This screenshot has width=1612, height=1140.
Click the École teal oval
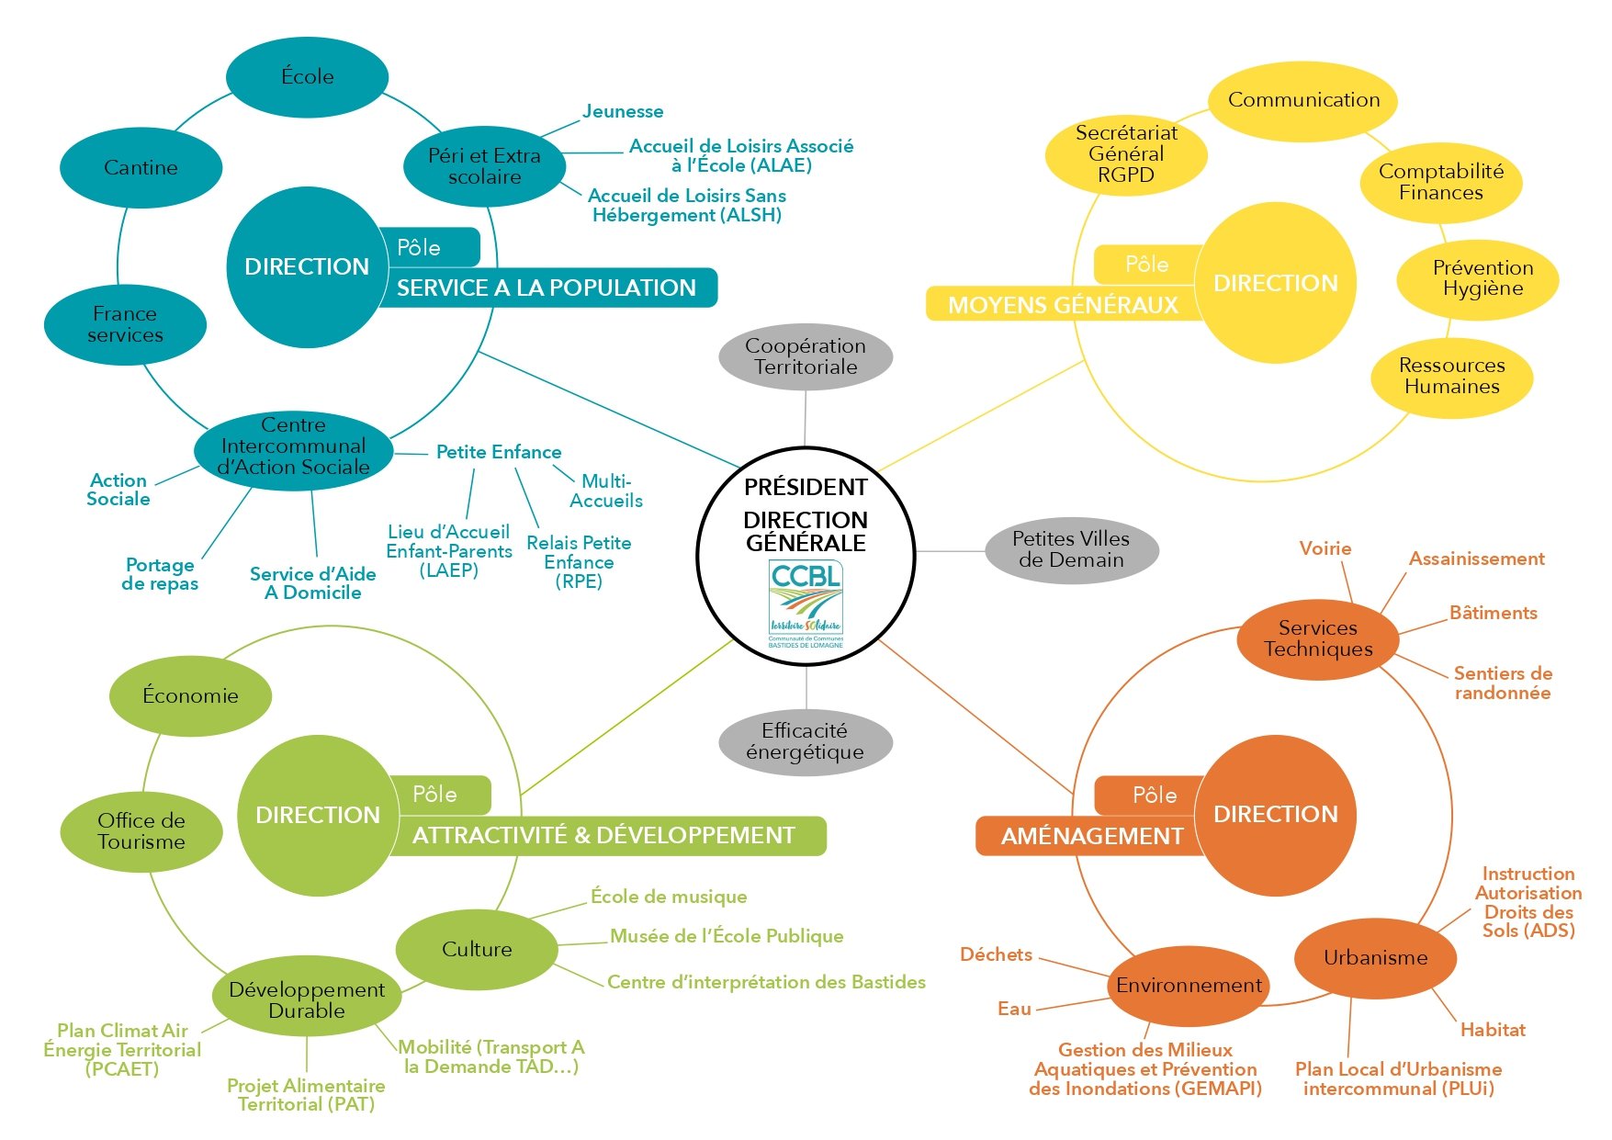[x=307, y=77]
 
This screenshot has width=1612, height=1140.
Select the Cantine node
[x=141, y=168]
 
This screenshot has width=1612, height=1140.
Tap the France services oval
[x=125, y=325]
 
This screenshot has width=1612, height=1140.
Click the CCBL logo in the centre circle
[x=806, y=604]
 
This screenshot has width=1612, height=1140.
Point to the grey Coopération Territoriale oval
[x=806, y=356]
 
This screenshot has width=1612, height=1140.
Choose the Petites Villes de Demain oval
[x=1071, y=550]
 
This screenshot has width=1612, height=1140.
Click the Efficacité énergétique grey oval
[x=806, y=741]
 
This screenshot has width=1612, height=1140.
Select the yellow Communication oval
[x=1302, y=100]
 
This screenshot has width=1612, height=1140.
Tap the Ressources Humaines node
[x=1451, y=377]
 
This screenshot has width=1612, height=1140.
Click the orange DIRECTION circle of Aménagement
[x=1275, y=815]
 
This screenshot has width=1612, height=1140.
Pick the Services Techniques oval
[x=1317, y=638]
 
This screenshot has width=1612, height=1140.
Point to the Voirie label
[x=1325, y=549]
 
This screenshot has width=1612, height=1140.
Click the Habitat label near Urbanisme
[x=1493, y=1031]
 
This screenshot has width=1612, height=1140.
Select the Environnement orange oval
[x=1189, y=986]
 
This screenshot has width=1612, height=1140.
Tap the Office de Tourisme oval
[x=141, y=831]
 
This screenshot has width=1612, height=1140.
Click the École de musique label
[x=669, y=897]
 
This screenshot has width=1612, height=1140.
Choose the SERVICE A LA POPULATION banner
[x=547, y=288]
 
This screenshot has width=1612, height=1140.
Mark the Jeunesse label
[x=623, y=112]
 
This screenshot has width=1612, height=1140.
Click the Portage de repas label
[x=160, y=574]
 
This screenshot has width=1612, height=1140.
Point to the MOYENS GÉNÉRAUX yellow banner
[x=1062, y=305]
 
